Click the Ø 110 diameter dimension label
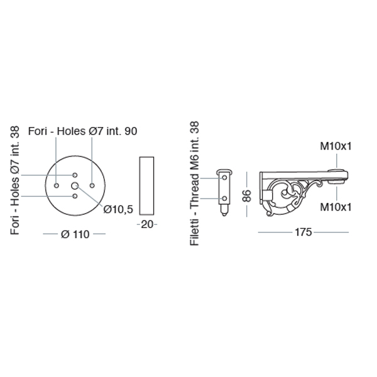(75, 234)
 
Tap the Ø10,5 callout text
(118, 209)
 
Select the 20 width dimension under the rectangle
(147, 224)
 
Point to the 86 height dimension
(247, 195)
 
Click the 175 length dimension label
(303, 232)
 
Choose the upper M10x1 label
(336, 146)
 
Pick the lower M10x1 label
(336, 207)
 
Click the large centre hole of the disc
(75, 185)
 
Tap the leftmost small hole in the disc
(57, 185)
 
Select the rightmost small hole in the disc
(92, 185)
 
